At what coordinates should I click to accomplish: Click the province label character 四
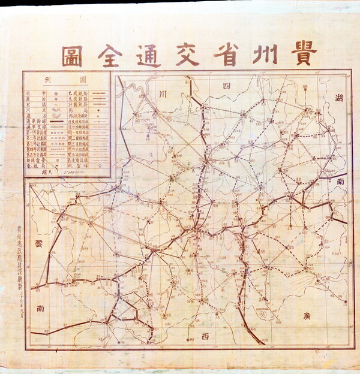pos(226,87)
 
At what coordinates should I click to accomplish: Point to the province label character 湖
pos(339,99)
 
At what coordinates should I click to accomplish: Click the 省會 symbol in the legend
pos(55,94)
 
